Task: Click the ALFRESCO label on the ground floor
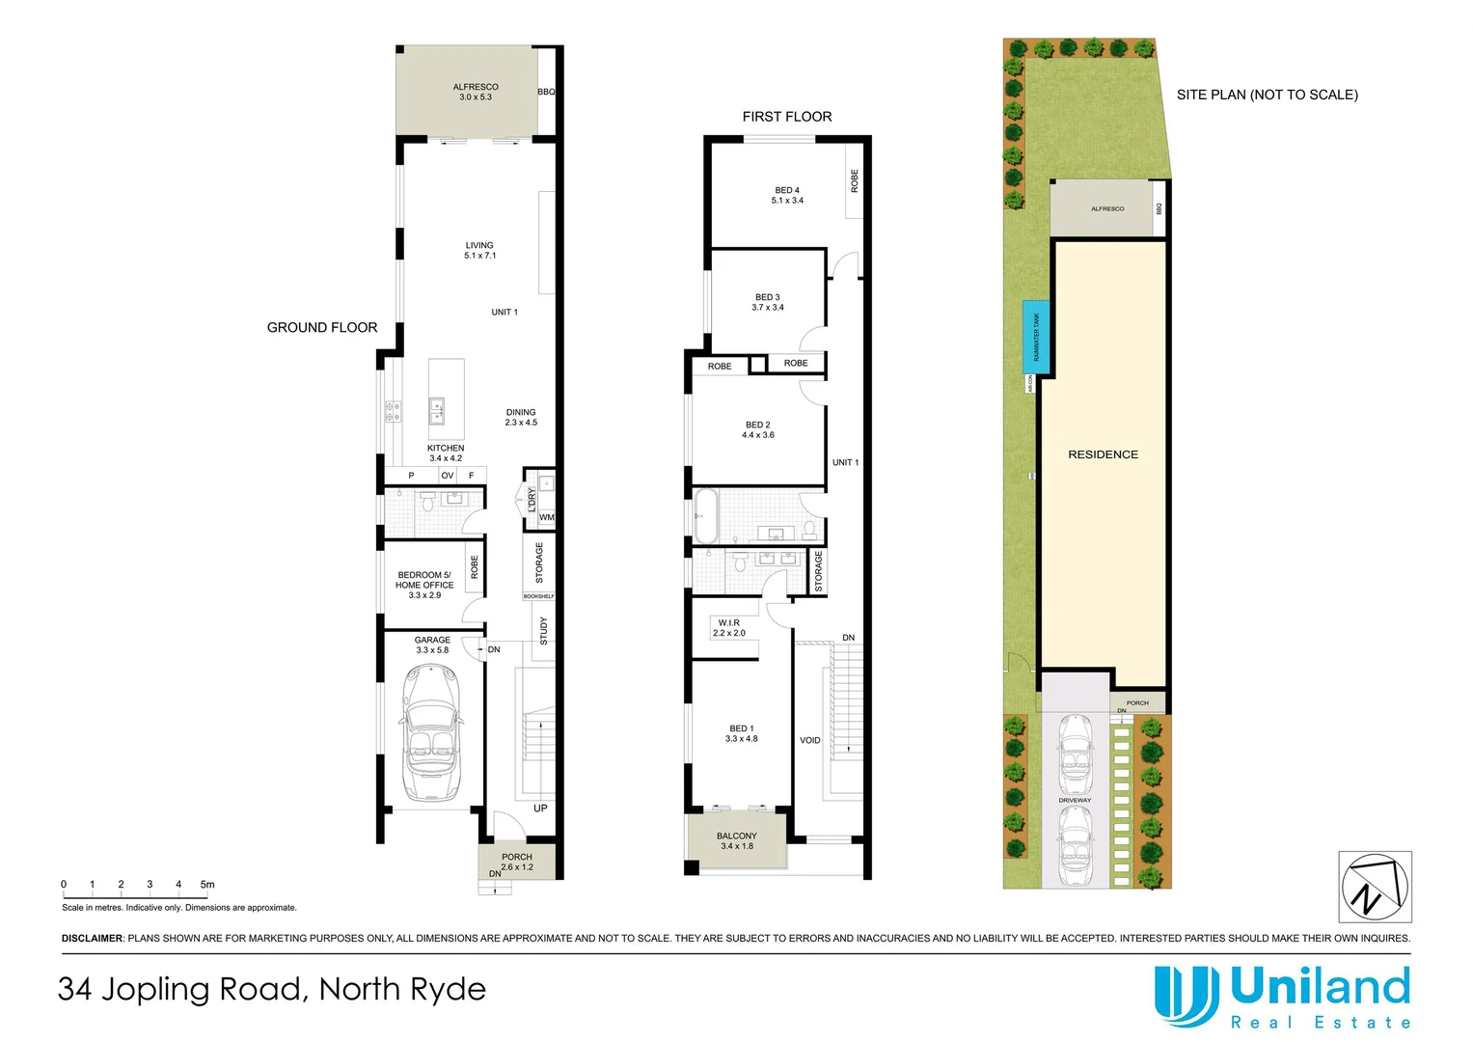476,92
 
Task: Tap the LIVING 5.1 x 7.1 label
479,250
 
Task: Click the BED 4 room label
787,195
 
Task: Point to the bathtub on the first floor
705,516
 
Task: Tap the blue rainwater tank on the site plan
1036,337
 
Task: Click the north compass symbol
1375,887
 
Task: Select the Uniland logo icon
1186,996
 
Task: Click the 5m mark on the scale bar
207,885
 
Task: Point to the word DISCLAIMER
93,938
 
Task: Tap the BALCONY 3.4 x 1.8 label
737,841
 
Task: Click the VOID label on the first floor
810,741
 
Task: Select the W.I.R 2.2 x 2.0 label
729,628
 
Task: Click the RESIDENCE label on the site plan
1103,454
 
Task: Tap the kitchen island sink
437,411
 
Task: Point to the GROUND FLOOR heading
322,328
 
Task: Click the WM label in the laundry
547,518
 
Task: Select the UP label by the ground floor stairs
540,809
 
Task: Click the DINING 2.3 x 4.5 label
521,417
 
